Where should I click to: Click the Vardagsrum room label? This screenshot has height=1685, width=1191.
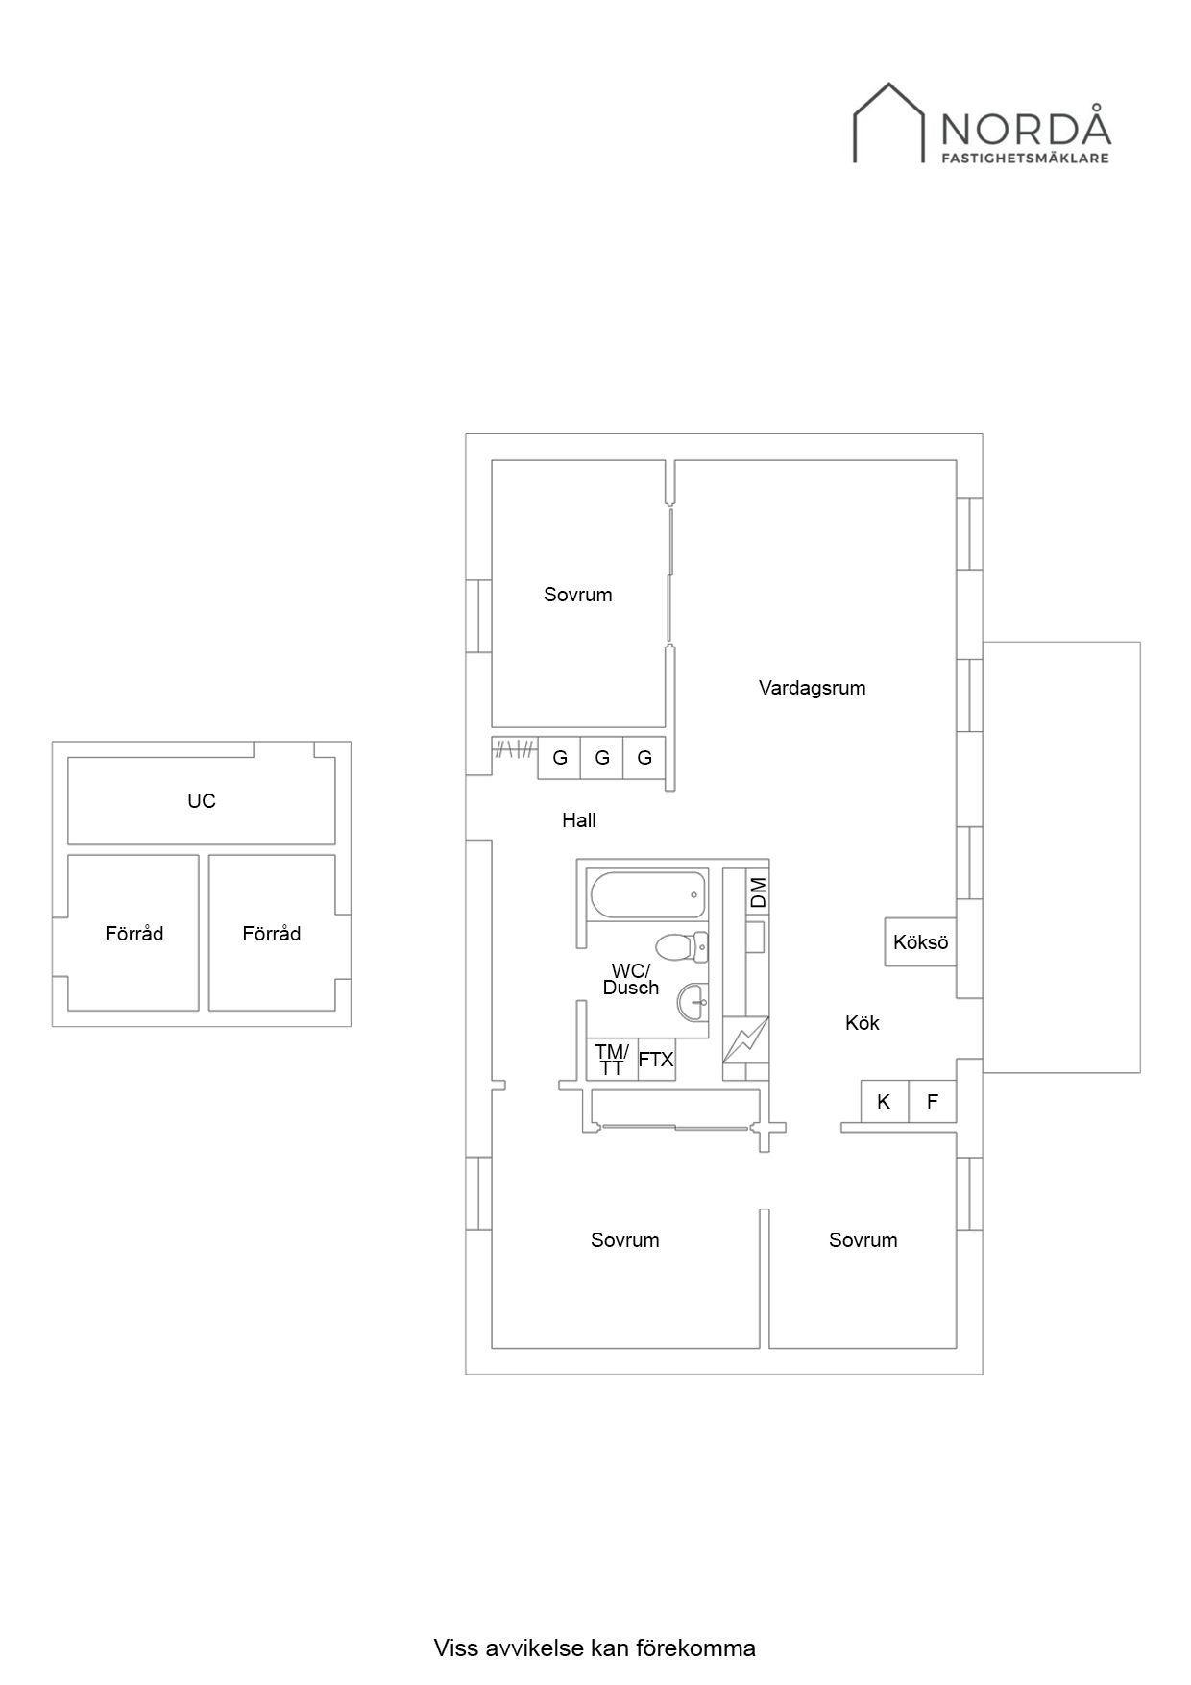coord(812,688)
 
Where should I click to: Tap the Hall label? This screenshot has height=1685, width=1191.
coord(579,820)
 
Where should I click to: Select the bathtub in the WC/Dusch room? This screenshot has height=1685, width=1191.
coord(648,895)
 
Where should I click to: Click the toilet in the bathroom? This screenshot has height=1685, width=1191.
coord(684,947)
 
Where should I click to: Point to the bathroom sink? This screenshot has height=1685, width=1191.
coord(693,1004)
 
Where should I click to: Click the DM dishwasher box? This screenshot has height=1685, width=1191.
coord(758,893)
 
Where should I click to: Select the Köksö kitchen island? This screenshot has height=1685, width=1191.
coord(921,942)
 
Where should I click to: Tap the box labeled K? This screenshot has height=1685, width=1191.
coord(885,1102)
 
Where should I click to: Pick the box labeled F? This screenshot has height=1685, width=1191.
coord(933,1102)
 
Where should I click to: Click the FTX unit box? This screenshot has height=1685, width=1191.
coord(657,1060)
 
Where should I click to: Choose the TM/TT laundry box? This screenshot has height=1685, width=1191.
coord(612,1060)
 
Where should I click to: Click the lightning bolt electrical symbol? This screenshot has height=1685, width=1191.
coord(746,1039)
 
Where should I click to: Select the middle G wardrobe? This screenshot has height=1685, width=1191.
coord(602,758)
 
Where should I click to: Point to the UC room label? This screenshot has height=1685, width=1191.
coord(202,801)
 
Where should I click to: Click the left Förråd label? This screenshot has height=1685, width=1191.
coord(134,934)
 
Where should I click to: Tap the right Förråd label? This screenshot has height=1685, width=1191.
coord(272,934)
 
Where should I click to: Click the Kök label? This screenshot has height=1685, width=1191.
coord(863,1023)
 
